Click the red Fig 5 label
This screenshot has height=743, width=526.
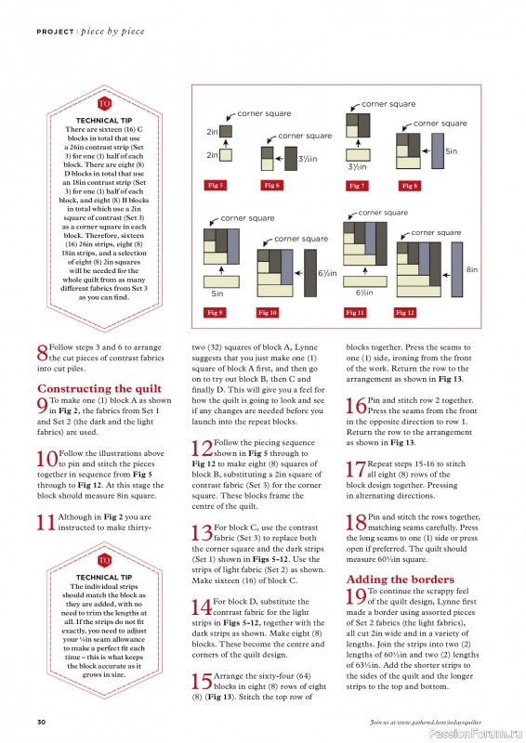click(215, 185)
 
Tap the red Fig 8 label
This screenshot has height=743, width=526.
click(409, 186)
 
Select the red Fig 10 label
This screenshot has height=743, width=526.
click(268, 312)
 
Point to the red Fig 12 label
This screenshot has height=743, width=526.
click(405, 312)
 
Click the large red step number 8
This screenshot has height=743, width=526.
click(42, 353)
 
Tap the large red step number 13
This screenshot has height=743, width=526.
click(202, 532)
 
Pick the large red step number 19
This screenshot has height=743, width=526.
click(356, 596)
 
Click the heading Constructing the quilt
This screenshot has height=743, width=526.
click(99, 388)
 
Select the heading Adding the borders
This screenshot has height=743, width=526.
click(401, 579)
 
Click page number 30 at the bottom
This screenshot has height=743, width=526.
click(41, 722)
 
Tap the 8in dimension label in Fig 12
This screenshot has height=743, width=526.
click(471, 269)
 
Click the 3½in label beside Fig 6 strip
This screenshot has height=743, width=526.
click(308, 159)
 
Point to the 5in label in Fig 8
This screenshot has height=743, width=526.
click(451, 151)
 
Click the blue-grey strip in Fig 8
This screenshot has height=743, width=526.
click(438, 150)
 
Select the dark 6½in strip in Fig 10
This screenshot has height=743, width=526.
click(310, 273)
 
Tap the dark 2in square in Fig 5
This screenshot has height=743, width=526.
click(226, 131)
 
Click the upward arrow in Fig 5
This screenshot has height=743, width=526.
click(226, 143)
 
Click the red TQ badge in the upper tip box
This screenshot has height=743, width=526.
click(104, 104)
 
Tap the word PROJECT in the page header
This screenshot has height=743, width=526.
click(55, 32)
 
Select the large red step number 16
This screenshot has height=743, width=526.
click(356, 406)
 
